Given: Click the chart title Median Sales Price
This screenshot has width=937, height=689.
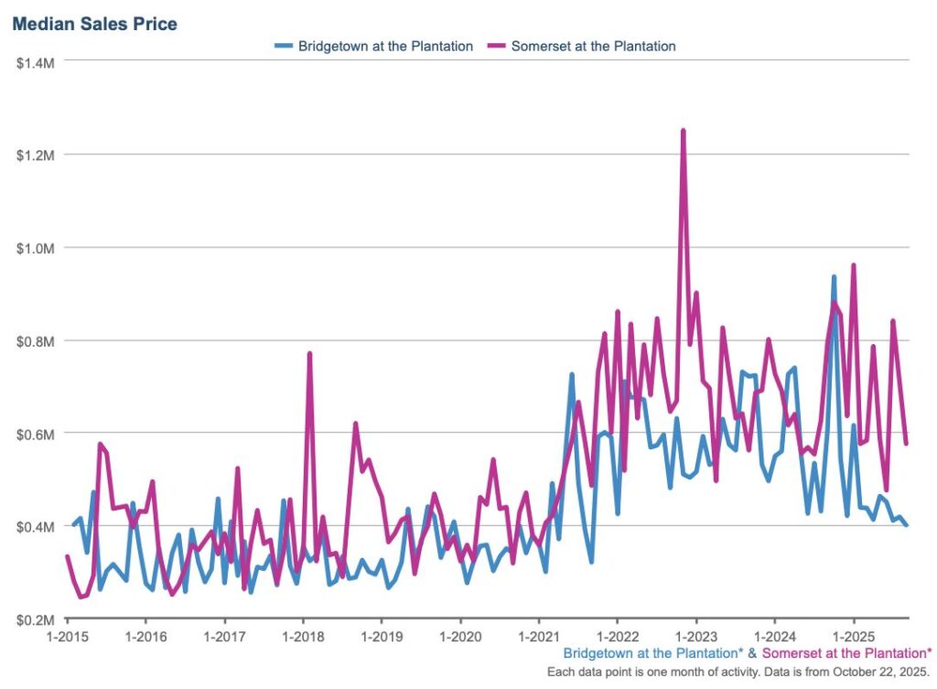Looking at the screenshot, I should [x=94, y=23].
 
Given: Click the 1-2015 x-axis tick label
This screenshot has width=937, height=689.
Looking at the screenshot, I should [x=67, y=636].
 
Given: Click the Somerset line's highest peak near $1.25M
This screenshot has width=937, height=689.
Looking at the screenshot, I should [x=683, y=131].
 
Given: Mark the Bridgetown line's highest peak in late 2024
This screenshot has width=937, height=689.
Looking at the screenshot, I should [x=834, y=276].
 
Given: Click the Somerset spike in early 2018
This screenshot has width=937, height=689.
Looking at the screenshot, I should [x=309, y=353].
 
